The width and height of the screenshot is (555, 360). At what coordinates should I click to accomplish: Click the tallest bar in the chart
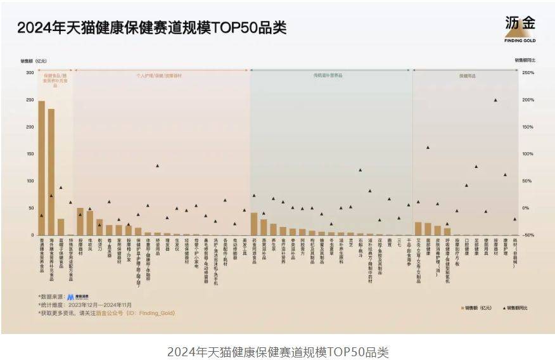click(x=41, y=168)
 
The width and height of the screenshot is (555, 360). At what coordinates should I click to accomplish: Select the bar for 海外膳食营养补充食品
click(x=51, y=172)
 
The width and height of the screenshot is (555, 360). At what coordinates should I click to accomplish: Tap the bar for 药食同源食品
click(x=254, y=224)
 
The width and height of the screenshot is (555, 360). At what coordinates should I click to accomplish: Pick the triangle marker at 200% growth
click(x=495, y=100)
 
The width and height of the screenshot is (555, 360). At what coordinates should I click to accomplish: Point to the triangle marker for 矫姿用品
click(x=157, y=166)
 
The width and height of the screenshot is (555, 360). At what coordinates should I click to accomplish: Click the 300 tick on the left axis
click(x=30, y=73)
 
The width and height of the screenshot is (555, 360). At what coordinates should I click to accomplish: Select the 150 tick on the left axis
click(x=30, y=154)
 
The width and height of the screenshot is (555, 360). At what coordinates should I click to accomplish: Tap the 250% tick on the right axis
click(x=527, y=73)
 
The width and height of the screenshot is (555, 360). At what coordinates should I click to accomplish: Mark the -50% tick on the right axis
click(x=527, y=235)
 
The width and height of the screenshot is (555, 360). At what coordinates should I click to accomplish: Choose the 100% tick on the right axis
click(x=527, y=154)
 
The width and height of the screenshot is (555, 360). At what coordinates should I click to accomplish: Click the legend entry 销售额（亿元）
click(x=476, y=308)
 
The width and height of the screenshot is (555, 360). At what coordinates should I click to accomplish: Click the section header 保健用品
click(x=468, y=75)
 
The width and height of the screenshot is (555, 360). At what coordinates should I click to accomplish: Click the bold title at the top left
click(x=152, y=28)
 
